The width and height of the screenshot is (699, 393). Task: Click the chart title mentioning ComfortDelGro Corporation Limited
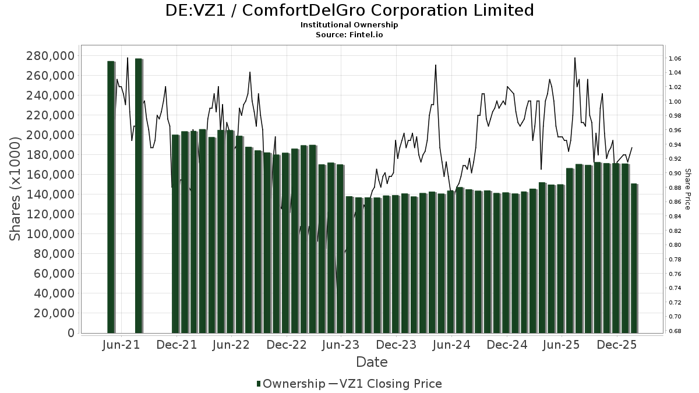(x=349, y=10)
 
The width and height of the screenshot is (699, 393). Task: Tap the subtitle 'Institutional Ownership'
(x=349, y=25)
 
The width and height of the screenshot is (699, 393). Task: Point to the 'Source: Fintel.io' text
(x=349, y=34)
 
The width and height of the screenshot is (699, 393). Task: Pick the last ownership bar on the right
(x=634, y=259)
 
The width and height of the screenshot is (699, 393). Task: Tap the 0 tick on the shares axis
(x=70, y=333)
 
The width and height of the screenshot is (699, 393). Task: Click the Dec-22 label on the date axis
(x=287, y=345)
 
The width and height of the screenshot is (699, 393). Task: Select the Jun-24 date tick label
(x=451, y=345)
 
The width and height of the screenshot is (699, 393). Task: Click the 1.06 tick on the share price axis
(x=675, y=59)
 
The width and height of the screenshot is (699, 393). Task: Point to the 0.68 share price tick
(x=675, y=331)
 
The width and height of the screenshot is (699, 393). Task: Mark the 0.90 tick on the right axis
(x=675, y=174)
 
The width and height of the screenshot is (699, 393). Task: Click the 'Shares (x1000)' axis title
(x=17, y=187)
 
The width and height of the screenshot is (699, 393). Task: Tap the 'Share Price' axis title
(x=687, y=189)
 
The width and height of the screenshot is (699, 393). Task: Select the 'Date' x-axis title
(x=372, y=362)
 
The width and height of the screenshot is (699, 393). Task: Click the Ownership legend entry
(x=291, y=384)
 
